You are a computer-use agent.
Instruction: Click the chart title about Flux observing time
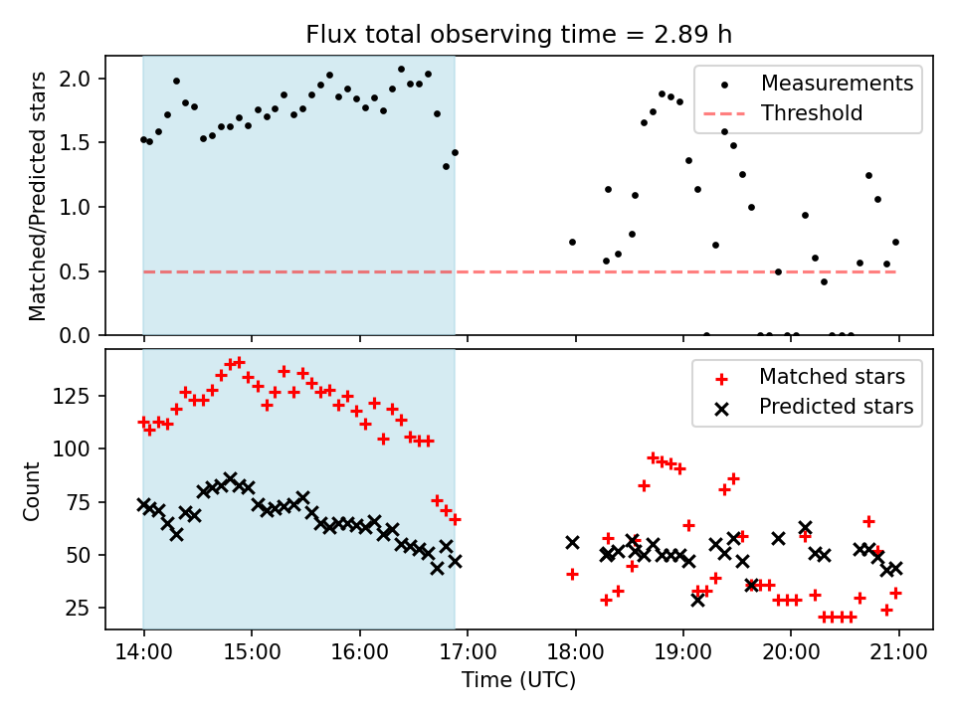click(x=518, y=35)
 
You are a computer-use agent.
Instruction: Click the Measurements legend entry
click(x=837, y=84)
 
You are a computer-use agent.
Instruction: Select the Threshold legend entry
click(x=812, y=113)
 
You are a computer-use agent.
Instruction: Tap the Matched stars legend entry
click(x=832, y=377)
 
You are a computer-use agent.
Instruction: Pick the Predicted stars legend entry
click(x=836, y=407)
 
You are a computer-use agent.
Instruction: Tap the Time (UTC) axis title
click(x=518, y=680)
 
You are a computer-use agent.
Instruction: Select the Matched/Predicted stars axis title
click(x=38, y=196)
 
